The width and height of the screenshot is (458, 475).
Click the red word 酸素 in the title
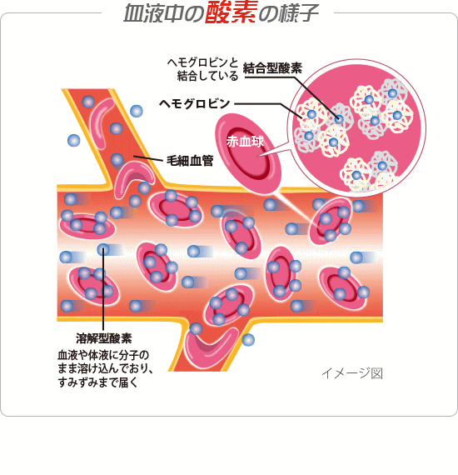tap(231, 12)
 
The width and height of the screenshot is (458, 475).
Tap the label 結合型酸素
tap(272, 68)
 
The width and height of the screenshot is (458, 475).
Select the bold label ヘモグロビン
tap(195, 104)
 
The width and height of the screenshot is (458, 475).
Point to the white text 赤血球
tap(245, 142)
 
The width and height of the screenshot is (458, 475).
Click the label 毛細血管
tap(190, 161)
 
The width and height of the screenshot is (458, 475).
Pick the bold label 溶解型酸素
tap(104, 338)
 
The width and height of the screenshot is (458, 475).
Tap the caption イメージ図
tap(352, 373)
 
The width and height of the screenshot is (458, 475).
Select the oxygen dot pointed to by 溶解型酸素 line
tap(103, 250)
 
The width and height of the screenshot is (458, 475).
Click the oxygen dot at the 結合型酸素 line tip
tap(339, 118)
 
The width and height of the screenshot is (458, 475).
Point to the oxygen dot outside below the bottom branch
tap(248, 340)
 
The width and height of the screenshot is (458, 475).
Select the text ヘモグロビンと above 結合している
tap(202, 62)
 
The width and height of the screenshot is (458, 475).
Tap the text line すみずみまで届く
tap(98, 382)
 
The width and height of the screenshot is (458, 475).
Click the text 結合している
tap(207, 76)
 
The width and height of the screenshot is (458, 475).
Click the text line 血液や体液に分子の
tap(103, 355)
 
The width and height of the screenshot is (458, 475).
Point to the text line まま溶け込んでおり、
tap(106, 368)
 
